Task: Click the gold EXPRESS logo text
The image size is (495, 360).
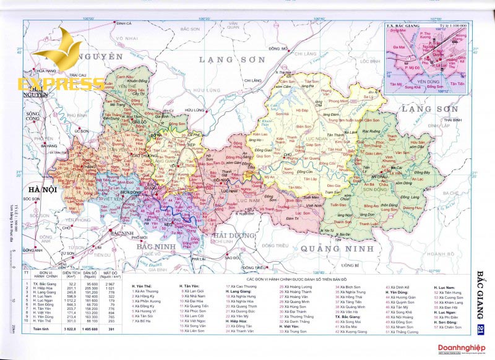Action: click(x=53, y=84)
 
